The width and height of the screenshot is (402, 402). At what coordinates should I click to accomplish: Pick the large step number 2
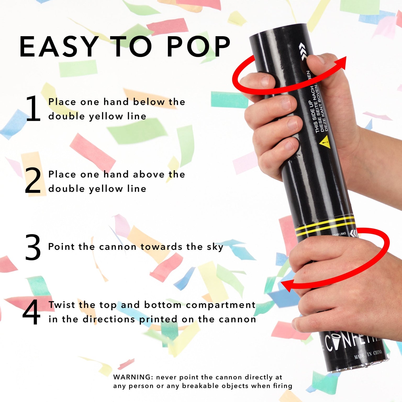[x=33, y=181]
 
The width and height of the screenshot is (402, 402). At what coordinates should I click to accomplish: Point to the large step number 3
[x=33, y=247]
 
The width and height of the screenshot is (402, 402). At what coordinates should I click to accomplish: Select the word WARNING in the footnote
[x=132, y=377]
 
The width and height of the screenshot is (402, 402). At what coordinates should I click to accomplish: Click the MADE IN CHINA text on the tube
[x=368, y=354]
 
